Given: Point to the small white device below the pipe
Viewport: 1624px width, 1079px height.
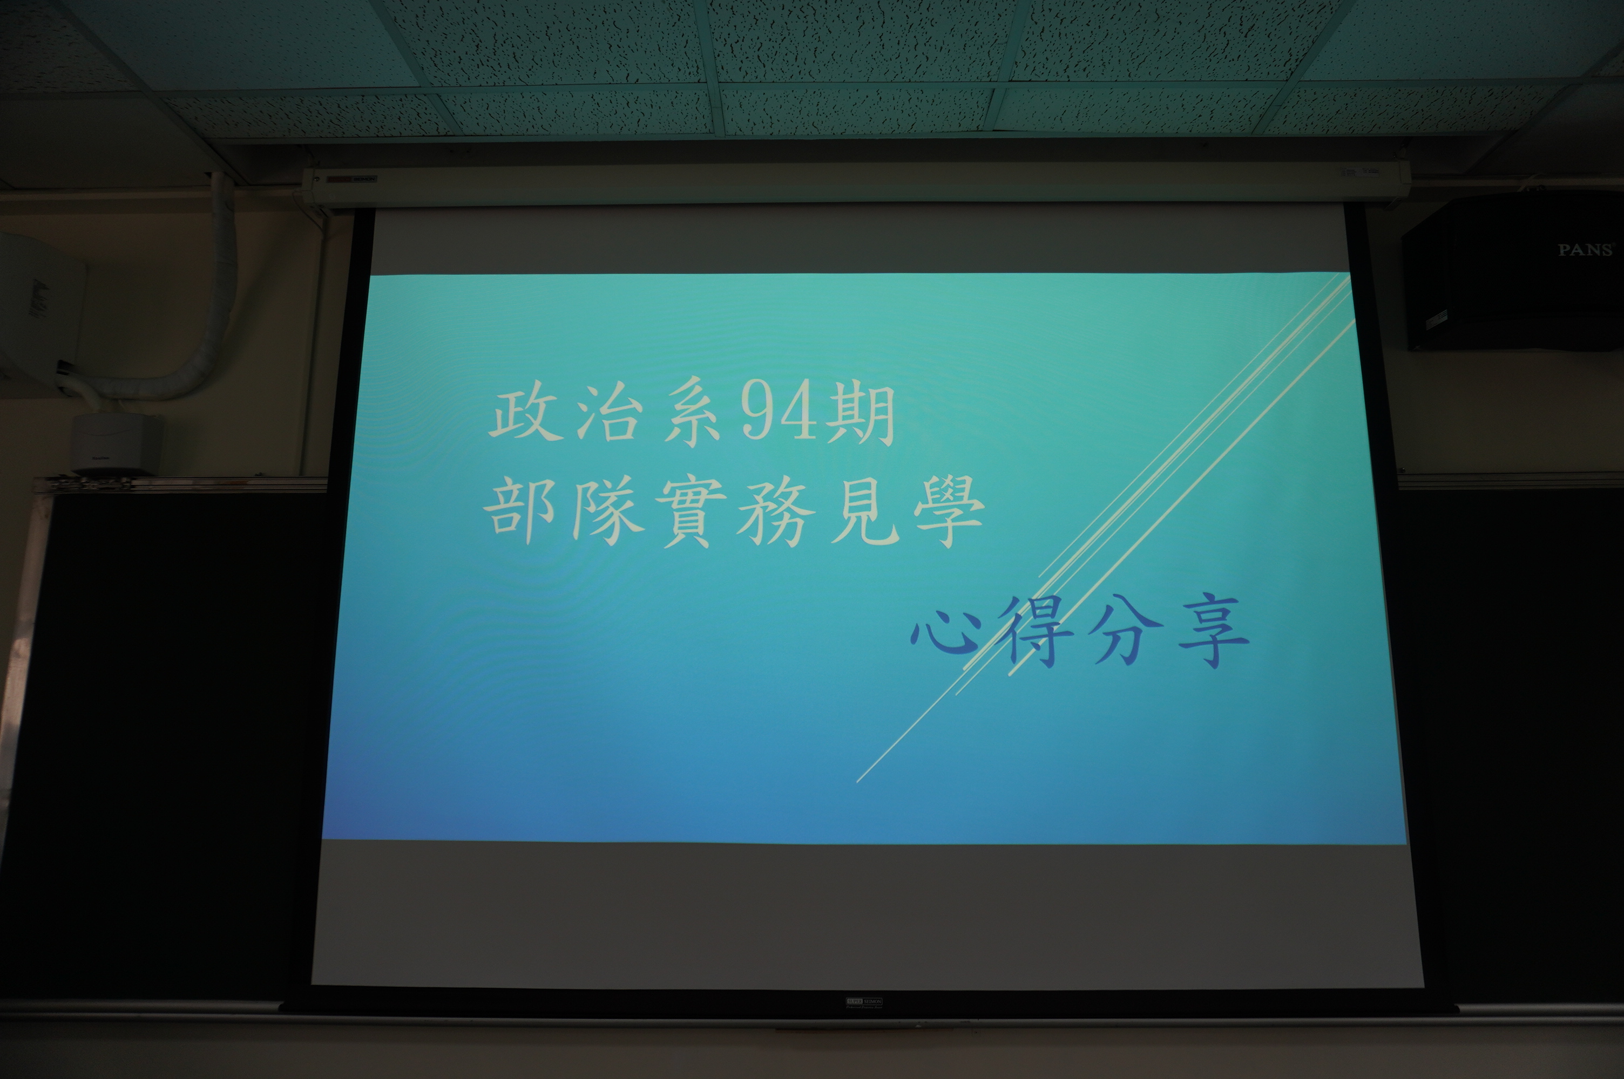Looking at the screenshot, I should [x=117, y=443].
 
